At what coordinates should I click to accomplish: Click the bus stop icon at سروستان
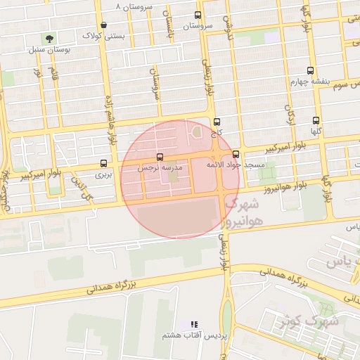click(198, 15)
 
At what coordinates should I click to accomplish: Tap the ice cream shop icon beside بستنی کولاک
click(103, 25)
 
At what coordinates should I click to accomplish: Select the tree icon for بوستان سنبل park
click(49, 39)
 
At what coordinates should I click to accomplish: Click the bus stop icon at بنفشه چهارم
click(310, 70)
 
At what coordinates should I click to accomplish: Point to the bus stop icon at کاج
click(217, 122)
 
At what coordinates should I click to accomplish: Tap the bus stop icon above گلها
click(316, 120)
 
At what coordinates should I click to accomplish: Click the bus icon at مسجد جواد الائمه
click(236, 154)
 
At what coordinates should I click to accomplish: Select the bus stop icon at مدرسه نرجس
click(160, 157)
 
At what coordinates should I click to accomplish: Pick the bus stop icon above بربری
click(104, 163)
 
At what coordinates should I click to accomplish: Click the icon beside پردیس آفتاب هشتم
click(193, 324)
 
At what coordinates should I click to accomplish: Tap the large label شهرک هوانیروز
click(238, 213)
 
